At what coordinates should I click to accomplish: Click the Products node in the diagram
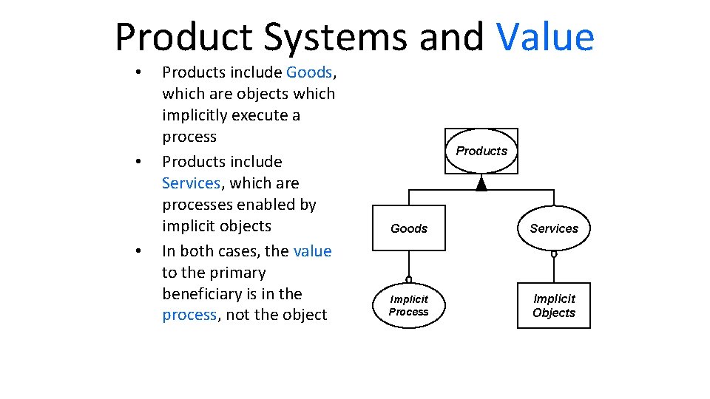tap(481, 151)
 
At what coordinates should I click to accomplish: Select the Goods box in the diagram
tap(409, 228)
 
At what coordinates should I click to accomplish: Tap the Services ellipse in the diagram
tap(554, 228)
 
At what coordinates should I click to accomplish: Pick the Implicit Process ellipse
tap(409, 305)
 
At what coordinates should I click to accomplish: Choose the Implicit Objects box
tap(554, 305)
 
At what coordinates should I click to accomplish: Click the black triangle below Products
tap(481, 183)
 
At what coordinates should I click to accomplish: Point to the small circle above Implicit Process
tap(409, 279)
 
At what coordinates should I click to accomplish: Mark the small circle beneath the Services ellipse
tap(554, 254)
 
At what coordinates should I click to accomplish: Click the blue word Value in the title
tap(546, 37)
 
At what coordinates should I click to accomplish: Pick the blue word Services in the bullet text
tap(191, 183)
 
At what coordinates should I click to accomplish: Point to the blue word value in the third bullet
tap(312, 250)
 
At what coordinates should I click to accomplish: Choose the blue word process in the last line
tap(189, 315)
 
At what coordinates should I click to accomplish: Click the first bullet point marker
tap(138, 73)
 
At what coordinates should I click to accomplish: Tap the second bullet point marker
tap(138, 162)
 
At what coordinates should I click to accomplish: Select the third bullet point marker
tap(138, 251)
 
